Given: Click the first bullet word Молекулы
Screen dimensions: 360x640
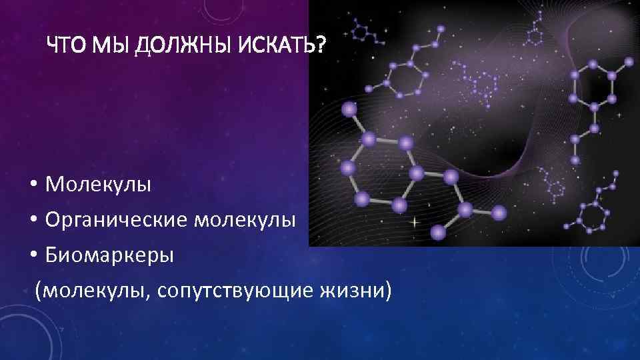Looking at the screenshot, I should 99,184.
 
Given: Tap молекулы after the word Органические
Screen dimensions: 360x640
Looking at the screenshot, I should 245,219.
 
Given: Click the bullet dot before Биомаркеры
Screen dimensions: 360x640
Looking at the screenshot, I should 33,255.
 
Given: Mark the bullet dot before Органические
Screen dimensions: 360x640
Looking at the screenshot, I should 33,220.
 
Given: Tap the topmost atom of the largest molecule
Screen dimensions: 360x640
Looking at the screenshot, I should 348,109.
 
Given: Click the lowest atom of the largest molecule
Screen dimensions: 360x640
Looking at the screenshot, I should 437,232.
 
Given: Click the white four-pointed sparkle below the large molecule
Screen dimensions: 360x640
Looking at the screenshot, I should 413,220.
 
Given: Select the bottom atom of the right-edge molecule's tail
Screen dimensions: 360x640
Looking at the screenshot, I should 575,161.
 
